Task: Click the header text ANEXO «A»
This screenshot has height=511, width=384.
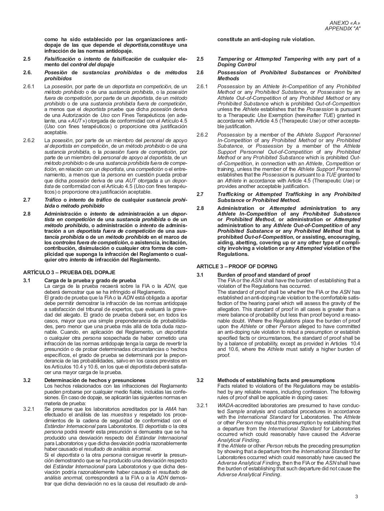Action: coord(344,23)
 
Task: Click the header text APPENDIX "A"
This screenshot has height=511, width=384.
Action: coord(342,29)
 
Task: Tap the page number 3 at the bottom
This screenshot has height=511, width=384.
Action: coord(356,497)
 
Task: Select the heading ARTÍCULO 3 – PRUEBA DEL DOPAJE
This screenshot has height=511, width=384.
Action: coord(69,272)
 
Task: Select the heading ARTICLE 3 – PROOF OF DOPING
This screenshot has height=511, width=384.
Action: coord(237,266)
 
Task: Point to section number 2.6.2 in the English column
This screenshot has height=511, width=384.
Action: coord(202,135)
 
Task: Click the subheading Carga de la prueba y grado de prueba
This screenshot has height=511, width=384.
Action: coord(90,280)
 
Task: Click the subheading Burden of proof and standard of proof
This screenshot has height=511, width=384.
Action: coord(264,275)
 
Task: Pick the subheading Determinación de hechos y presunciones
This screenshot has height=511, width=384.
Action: coord(95,380)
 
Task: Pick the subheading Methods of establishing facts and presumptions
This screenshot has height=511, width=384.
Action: coord(276,380)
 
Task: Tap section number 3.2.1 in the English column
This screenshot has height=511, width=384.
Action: coord(202,406)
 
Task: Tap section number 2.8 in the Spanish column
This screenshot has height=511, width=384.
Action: coord(27,214)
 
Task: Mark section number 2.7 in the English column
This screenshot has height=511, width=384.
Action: coord(200,194)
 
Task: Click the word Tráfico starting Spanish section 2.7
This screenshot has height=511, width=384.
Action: coord(53,200)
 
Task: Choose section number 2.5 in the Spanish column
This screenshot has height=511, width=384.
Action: coord(27,59)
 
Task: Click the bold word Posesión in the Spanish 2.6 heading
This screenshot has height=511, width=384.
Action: coord(56,72)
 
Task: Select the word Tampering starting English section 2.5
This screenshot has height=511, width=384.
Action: coord(230,59)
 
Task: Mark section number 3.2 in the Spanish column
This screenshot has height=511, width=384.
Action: coord(27,380)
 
